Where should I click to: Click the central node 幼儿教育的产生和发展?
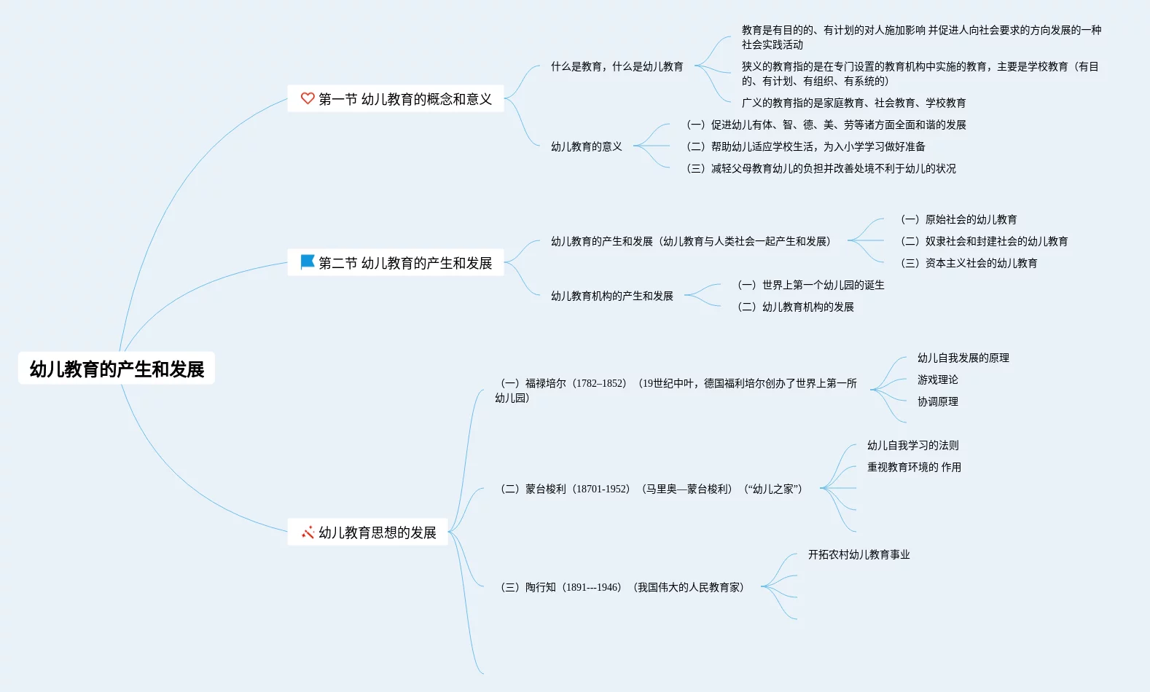(x=117, y=369)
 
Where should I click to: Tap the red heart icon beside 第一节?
(x=308, y=98)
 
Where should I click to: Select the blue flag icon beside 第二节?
(x=308, y=262)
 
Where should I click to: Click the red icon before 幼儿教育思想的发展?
(x=308, y=532)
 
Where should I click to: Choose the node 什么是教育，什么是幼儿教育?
(x=617, y=66)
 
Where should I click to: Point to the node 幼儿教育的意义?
(x=586, y=146)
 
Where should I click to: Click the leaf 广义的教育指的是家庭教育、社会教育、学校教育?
(x=853, y=103)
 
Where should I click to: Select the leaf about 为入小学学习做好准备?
(x=806, y=146)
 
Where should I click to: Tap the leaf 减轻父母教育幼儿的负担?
(x=821, y=168)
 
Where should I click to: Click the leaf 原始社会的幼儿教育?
(x=959, y=219)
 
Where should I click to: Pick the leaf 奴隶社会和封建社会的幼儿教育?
(x=985, y=241)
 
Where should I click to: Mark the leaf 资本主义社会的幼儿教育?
(x=969, y=263)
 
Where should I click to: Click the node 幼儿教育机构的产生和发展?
(x=611, y=296)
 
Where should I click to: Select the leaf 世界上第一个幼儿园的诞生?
(x=811, y=285)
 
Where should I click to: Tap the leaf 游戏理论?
(x=937, y=380)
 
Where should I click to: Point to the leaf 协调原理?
(x=937, y=401)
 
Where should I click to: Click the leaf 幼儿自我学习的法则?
(x=912, y=445)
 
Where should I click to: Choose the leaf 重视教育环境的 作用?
(x=914, y=467)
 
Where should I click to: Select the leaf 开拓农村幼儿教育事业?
(x=858, y=554)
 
